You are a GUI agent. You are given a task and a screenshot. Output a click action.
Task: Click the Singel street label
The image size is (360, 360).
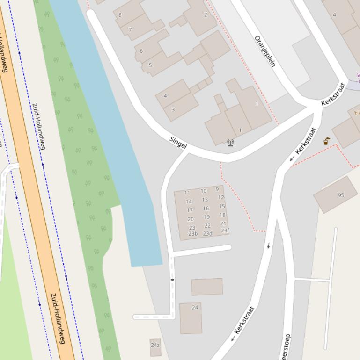pos(178,143)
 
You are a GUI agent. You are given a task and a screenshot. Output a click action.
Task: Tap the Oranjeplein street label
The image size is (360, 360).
pos(265,51)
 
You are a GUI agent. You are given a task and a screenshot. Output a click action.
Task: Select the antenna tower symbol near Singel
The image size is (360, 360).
pos(230,143)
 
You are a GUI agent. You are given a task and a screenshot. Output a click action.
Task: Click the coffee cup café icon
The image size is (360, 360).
pos(327,141)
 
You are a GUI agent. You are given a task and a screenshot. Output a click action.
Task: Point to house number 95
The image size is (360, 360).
pos(341,195)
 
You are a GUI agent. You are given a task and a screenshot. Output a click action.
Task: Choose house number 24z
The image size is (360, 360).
pos(155,346)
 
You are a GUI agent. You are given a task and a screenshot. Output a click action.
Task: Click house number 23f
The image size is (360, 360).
pos(225,230)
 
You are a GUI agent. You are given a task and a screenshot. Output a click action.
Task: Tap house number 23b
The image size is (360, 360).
pos(193,234)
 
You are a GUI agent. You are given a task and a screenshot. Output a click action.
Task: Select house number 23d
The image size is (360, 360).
pos(207,234)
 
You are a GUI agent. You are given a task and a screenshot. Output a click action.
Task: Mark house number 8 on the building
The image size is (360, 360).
pos(120,15)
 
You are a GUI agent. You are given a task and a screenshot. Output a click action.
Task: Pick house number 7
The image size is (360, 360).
pos(130,30)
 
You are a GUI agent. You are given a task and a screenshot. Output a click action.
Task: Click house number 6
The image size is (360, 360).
pos(141,51)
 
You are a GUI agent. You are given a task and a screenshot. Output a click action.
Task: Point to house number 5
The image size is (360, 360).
pos(150,65)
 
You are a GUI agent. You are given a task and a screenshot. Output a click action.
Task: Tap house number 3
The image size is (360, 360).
pos(173,109)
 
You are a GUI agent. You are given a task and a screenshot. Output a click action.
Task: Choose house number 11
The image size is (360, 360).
pos(187,193)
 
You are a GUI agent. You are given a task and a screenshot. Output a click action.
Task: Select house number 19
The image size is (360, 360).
pos(206,217)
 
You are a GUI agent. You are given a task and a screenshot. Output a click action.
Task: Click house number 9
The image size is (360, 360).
pos(217,189)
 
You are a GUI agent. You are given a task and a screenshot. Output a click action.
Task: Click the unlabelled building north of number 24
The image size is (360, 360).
pos(207,287)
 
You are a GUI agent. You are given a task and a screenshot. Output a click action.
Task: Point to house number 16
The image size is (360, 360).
pos(206,209)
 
